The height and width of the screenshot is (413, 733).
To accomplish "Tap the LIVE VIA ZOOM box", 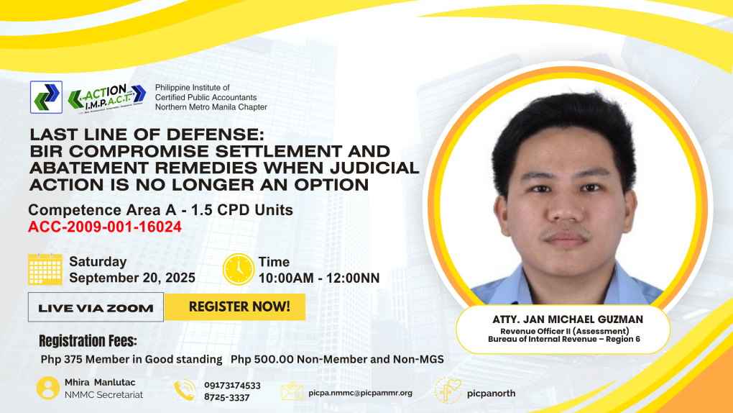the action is point(96,307).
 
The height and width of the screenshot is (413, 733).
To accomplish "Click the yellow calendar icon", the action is point(45,269).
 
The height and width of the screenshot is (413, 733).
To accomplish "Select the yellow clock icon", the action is point(239,269).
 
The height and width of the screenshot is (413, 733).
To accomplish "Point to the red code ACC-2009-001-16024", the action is point(105,227).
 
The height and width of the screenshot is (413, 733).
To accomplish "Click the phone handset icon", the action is point(185,390).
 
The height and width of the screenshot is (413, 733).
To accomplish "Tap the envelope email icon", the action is point(292,391).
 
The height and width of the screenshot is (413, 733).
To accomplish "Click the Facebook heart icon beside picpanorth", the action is point(448,391).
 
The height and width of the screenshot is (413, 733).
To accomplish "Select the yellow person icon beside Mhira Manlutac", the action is point(48,389).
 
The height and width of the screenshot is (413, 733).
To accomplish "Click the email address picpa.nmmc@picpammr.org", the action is point(361,393).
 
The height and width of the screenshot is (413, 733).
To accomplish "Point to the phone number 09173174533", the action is point(232,386).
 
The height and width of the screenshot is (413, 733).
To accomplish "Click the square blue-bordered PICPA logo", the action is point(46,97).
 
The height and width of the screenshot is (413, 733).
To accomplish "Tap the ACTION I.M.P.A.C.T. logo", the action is point(107,98).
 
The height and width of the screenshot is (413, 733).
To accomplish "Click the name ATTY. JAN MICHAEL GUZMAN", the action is point(568,319).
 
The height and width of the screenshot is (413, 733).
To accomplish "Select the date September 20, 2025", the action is point(132,278).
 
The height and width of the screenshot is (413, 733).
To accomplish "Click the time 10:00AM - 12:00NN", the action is point(319,278).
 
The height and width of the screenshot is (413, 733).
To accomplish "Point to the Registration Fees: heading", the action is point(88,341).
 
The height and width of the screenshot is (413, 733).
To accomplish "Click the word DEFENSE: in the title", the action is point(216,135).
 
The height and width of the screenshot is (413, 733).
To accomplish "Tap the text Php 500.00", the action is point(262,360).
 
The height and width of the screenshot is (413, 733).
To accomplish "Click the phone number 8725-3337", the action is point(226,398).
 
